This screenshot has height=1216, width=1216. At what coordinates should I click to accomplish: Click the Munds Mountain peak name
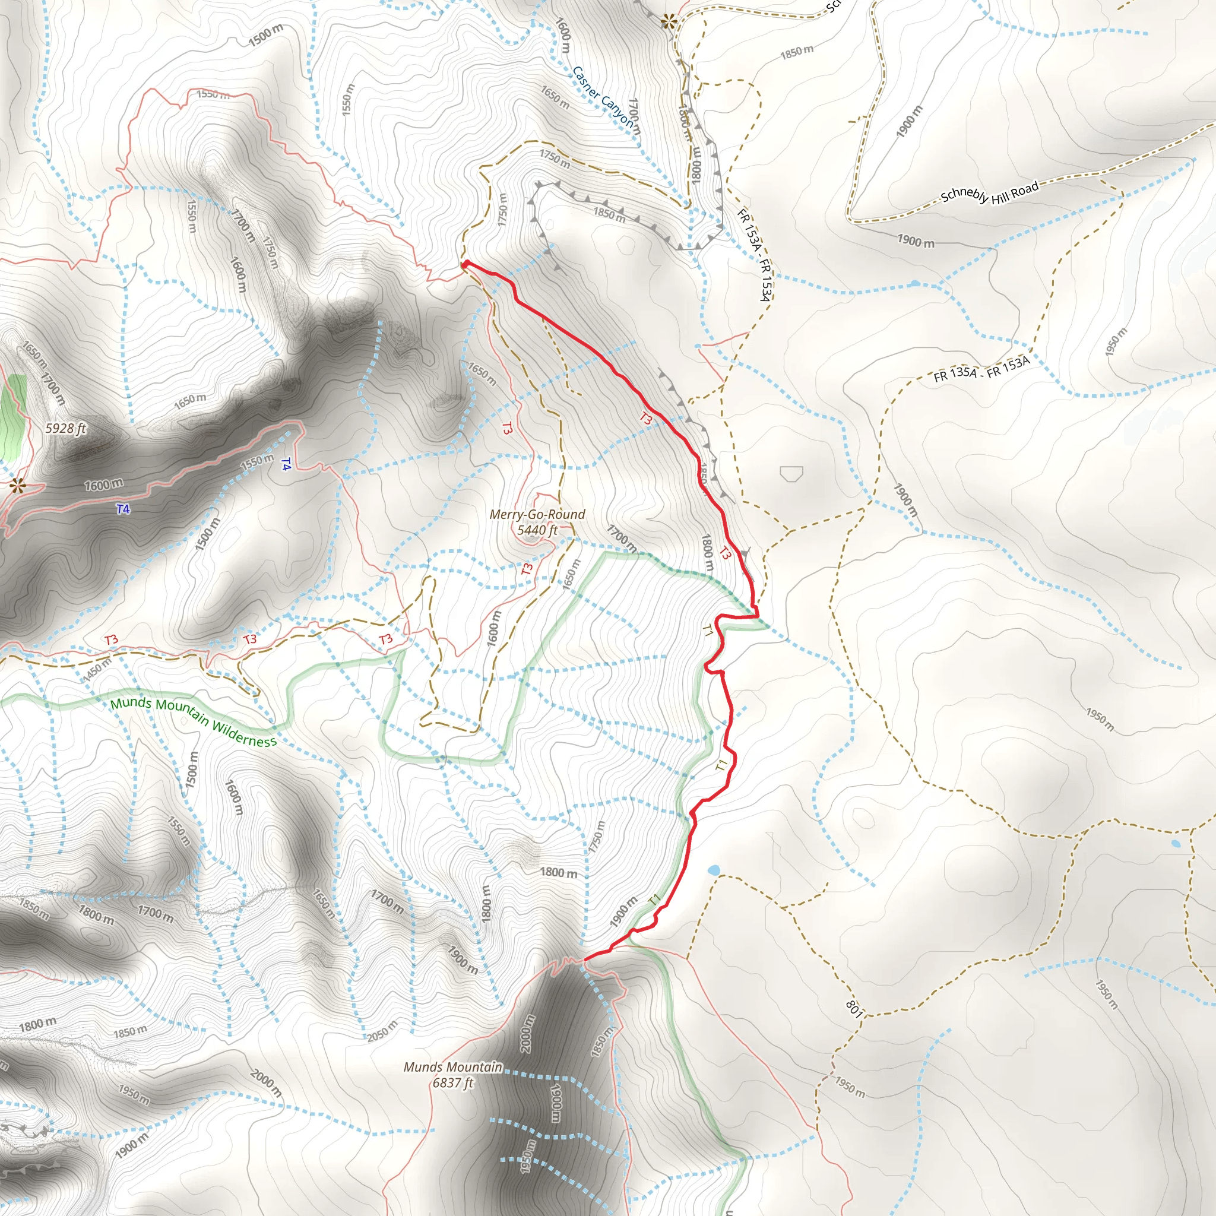(452, 1067)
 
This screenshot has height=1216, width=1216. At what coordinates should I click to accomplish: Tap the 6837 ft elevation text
(452, 1082)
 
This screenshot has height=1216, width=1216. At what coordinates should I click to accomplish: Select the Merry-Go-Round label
(537, 514)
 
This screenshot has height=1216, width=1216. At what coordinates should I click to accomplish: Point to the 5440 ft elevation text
(537, 530)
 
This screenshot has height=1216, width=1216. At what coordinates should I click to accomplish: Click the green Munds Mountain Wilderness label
(193, 721)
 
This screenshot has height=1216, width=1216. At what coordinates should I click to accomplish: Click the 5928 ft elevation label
(65, 429)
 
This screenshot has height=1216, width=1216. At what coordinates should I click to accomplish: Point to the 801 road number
(853, 1009)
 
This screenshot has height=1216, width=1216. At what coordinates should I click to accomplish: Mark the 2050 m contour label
(382, 1031)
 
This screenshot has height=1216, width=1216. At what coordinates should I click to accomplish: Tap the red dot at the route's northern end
(465, 264)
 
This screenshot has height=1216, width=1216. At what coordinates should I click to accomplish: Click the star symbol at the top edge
(669, 22)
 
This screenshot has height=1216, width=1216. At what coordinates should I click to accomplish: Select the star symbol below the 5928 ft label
(18, 485)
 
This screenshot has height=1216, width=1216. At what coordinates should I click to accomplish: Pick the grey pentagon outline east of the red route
(791, 474)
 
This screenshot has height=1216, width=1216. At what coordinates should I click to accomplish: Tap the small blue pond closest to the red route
(713, 870)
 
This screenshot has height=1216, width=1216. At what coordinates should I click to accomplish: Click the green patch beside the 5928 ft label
(14, 416)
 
